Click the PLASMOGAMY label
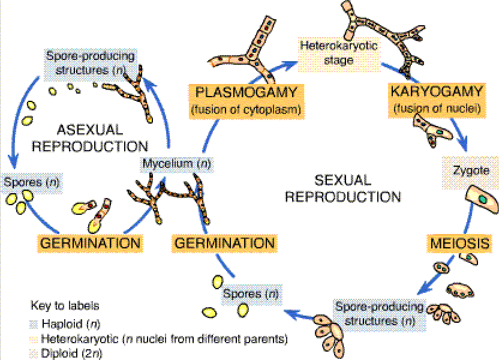pyautogui.click(x=246, y=93)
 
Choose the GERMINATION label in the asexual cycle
pyautogui.click(x=91, y=243)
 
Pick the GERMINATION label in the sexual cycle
pyautogui.click(x=225, y=243)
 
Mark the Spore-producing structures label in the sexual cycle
pyautogui.click(x=379, y=313)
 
